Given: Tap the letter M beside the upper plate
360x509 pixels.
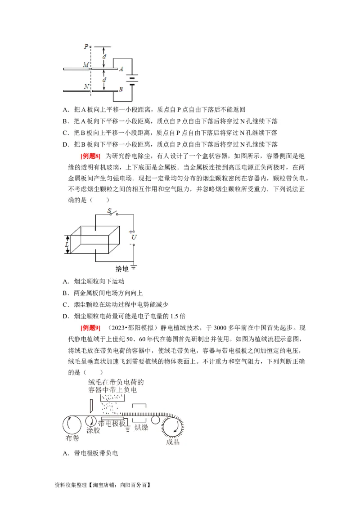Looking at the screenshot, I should coord(85,65).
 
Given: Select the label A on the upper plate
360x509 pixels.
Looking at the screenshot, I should coord(121,69).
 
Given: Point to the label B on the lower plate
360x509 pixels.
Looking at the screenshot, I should coord(121,89).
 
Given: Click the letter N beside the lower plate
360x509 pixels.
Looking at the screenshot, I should coord(85,86).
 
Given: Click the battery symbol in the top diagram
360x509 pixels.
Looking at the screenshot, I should coord(132,80).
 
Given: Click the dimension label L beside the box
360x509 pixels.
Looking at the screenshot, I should coord(66,244).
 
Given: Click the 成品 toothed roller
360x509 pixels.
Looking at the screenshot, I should coord(173,426).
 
